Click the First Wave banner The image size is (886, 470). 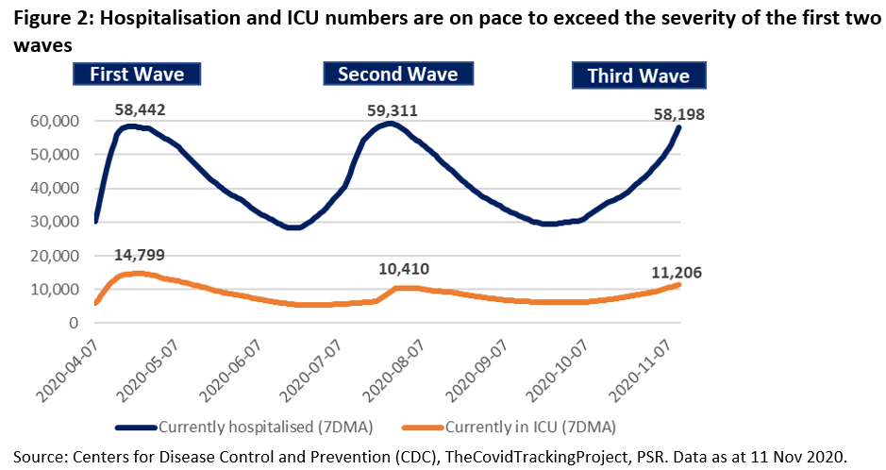[144, 76]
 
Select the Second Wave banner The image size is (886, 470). [397, 75]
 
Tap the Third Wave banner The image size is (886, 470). [638, 76]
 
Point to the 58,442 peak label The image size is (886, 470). [140, 110]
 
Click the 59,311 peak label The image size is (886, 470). [392, 110]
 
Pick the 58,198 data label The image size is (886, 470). [678, 114]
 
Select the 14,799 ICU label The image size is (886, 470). [141, 255]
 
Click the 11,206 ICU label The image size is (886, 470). [676, 272]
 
